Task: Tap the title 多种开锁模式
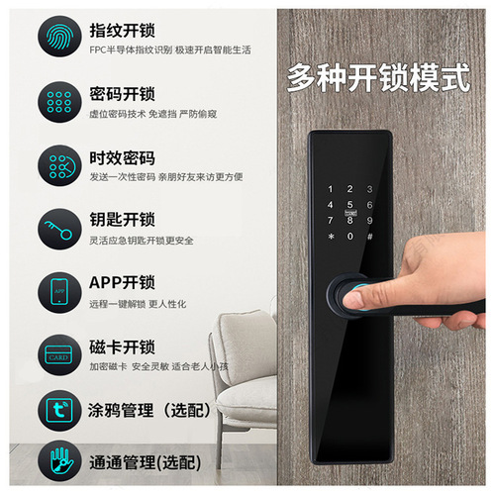377,78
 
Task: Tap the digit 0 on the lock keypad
348,236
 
